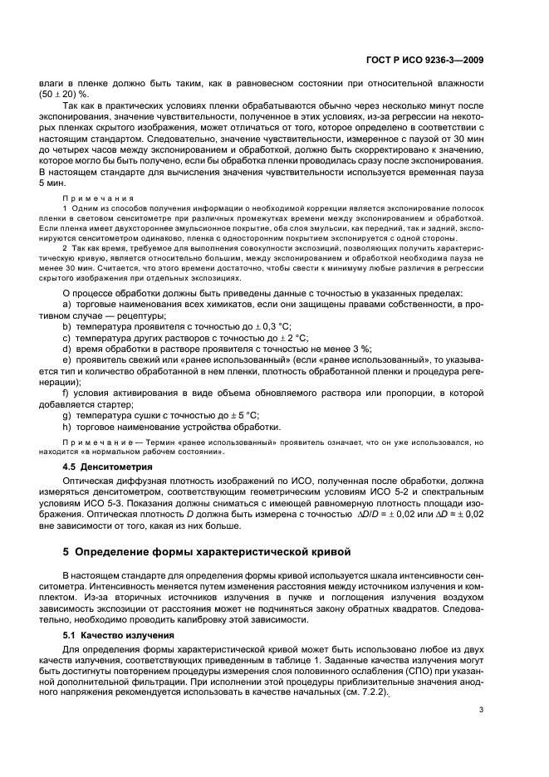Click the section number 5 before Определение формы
(x=66, y=551)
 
